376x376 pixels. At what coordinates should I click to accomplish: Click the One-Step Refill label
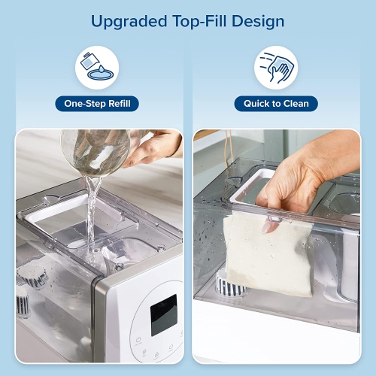[97, 104]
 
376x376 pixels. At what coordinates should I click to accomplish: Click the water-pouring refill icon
[97, 67]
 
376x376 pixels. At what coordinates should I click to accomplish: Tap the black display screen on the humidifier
[163, 314]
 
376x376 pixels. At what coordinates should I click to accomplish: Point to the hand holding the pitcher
[154, 148]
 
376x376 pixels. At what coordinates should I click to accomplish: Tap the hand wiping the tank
[301, 177]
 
